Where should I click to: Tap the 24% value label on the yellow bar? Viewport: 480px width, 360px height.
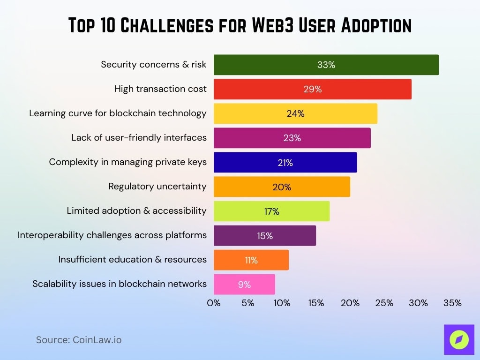click(x=295, y=113)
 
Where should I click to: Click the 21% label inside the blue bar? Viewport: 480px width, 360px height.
click(x=285, y=163)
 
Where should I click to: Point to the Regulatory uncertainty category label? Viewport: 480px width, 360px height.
click(x=157, y=187)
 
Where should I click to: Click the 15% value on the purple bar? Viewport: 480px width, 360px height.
click(x=265, y=236)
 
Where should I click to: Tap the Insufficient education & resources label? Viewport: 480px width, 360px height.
click(x=132, y=260)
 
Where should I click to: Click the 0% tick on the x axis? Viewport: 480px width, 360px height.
click(x=214, y=303)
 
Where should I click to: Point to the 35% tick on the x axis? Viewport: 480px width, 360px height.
click(x=452, y=303)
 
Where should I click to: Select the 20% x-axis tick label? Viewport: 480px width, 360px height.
click(x=350, y=303)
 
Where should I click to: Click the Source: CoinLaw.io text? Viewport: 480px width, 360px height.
click(x=79, y=340)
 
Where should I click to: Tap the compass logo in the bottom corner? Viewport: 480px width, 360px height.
click(x=459, y=340)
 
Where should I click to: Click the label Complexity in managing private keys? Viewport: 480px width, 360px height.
click(x=127, y=162)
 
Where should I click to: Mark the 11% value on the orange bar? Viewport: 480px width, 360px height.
click(x=251, y=260)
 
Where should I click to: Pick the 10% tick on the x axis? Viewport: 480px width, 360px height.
click(x=282, y=303)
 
